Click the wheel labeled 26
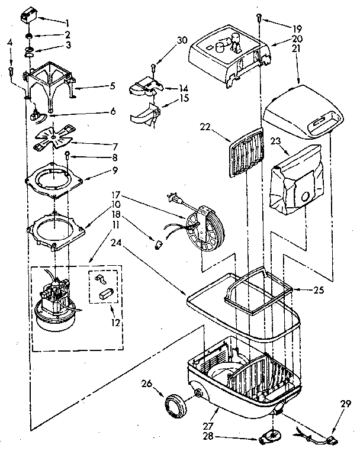(x=174, y=407)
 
